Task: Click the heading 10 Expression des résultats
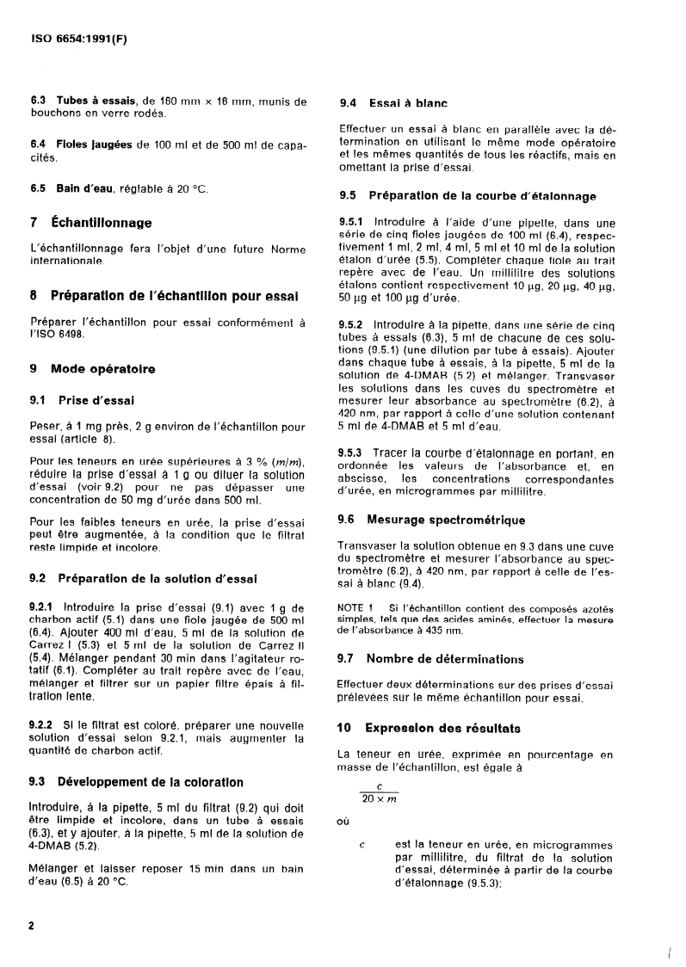tap(442, 729)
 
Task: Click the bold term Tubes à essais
tap(96, 102)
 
